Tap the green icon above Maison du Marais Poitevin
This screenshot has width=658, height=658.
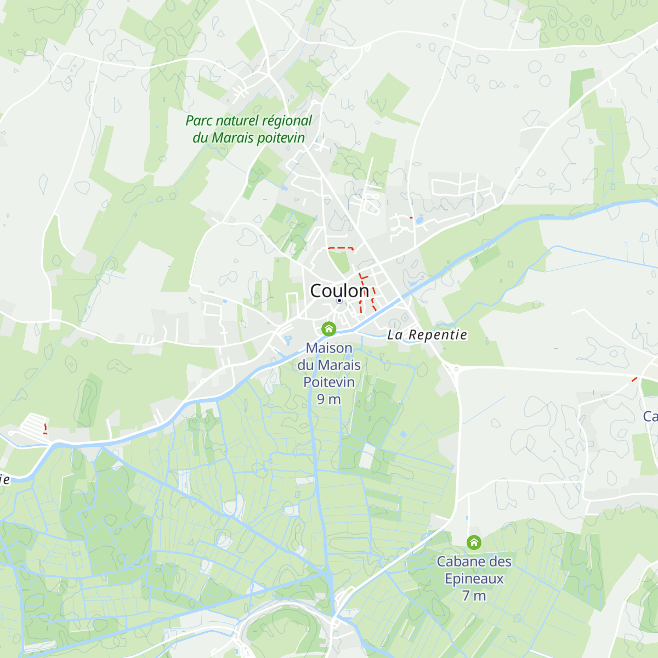click(328, 328)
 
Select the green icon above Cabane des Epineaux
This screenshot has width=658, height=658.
click(474, 542)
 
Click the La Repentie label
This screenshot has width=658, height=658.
click(427, 335)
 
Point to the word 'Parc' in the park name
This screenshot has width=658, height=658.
click(198, 121)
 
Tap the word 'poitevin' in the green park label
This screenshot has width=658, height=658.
click(280, 138)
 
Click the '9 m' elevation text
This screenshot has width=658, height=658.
click(329, 399)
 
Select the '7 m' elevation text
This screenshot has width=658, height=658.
click(474, 595)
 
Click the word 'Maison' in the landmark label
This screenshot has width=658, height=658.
click(329, 348)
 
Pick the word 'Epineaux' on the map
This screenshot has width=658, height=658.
click(474, 578)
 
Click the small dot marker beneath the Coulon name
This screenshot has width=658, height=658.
click(339, 300)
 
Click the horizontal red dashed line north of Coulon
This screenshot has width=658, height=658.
click(341, 248)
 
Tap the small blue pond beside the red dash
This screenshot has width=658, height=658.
click(419, 220)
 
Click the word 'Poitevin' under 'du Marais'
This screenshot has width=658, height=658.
click(329, 382)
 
